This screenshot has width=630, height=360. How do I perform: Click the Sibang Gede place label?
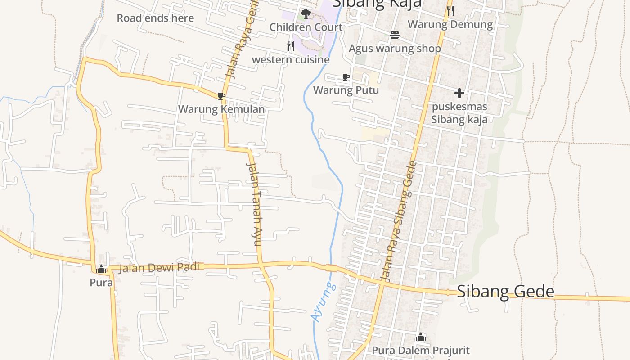(505, 292)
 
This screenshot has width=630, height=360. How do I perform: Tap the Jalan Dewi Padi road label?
(159, 267)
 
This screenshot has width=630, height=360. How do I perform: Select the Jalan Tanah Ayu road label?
(254, 204)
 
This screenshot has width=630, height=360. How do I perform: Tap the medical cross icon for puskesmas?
(459, 93)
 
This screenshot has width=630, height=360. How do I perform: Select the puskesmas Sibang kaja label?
(459, 113)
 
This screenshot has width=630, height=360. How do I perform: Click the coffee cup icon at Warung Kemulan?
(221, 96)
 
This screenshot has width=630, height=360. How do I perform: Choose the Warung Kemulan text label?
(221, 109)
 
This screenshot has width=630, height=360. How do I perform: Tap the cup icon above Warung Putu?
(346, 77)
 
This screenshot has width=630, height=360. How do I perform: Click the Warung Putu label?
(346, 90)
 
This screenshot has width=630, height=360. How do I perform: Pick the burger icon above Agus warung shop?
(395, 35)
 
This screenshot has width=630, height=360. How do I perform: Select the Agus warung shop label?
(395, 48)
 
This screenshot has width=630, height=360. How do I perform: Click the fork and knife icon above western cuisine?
(291, 46)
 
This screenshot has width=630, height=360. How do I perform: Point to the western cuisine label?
(291, 59)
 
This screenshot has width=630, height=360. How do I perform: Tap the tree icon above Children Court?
(306, 14)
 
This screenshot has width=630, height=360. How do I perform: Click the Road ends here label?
(155, 18)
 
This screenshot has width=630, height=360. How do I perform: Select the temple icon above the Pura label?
(101, 269)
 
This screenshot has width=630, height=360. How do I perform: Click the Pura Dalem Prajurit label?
(420, 350)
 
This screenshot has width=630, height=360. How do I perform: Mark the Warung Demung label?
(450, 24)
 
